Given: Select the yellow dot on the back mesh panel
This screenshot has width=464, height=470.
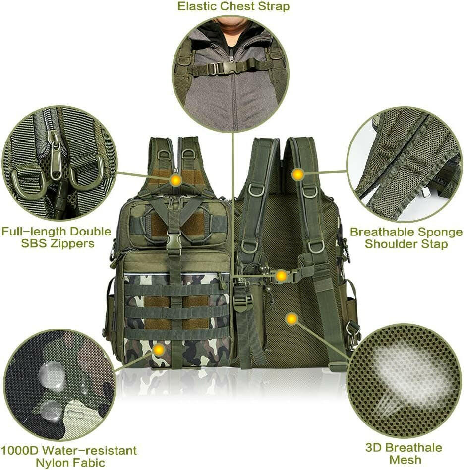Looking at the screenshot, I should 291,319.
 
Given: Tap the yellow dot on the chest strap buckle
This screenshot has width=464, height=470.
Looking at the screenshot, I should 281,276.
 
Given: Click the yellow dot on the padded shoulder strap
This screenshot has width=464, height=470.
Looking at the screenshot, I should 297,174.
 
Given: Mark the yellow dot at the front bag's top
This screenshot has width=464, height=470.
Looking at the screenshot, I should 175,180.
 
